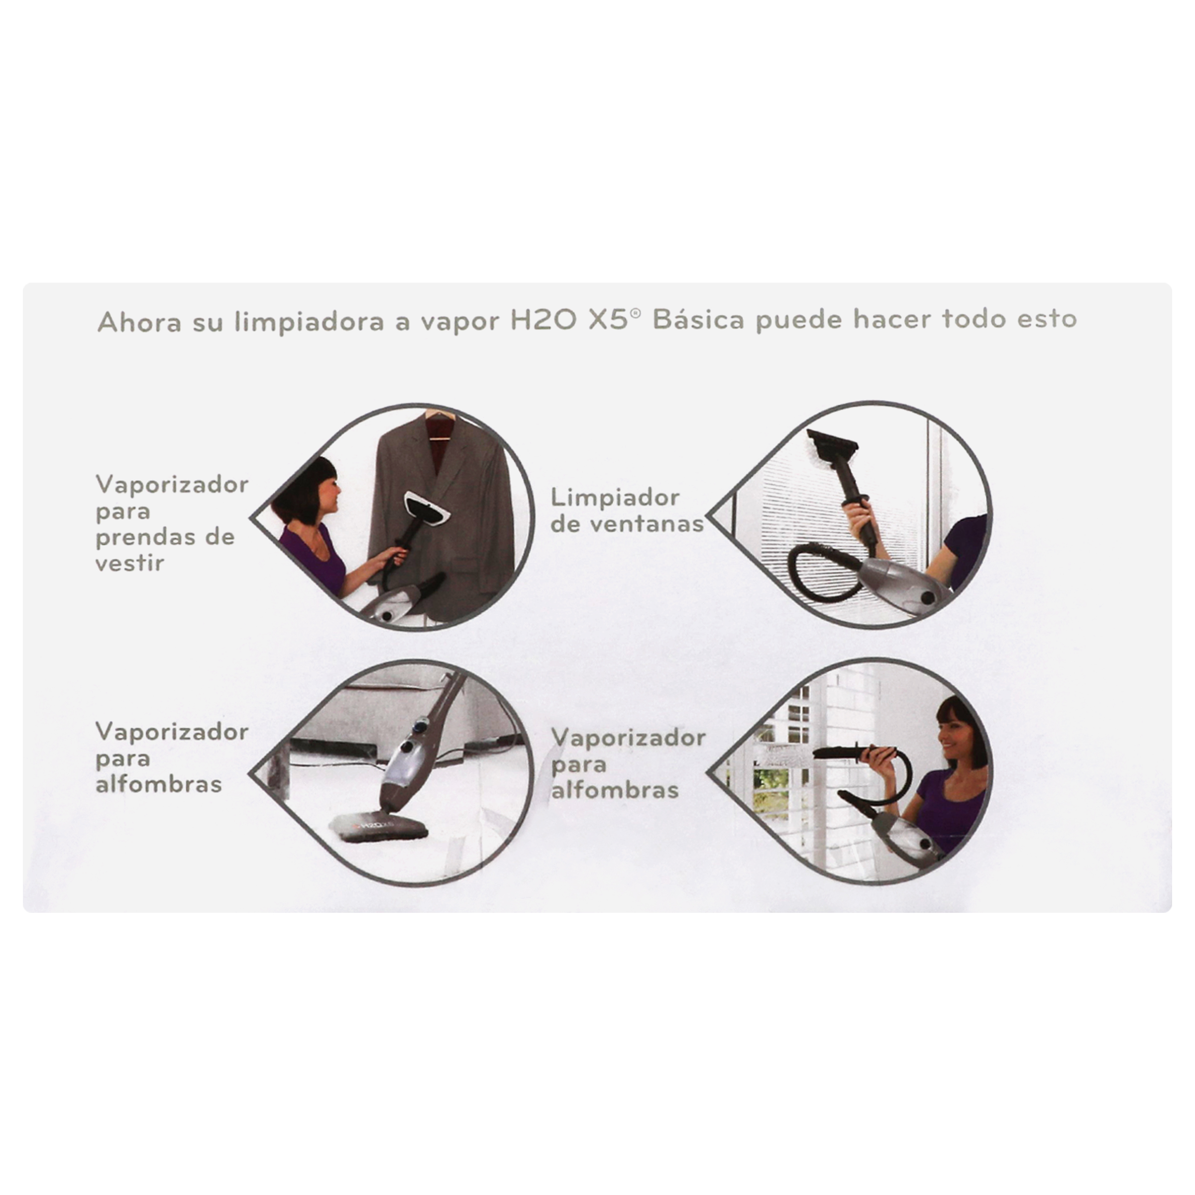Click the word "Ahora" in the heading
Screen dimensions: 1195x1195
click(x=139, y=322)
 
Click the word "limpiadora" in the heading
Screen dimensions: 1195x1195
click(x=309, y=322)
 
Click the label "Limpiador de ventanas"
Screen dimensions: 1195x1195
click(x=627, y=511)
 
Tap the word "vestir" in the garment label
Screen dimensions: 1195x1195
click(x=129, y=563)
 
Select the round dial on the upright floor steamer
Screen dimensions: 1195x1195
click(x=406, y=747)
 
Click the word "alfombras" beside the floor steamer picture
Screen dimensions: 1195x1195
click(x=158, y=784)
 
